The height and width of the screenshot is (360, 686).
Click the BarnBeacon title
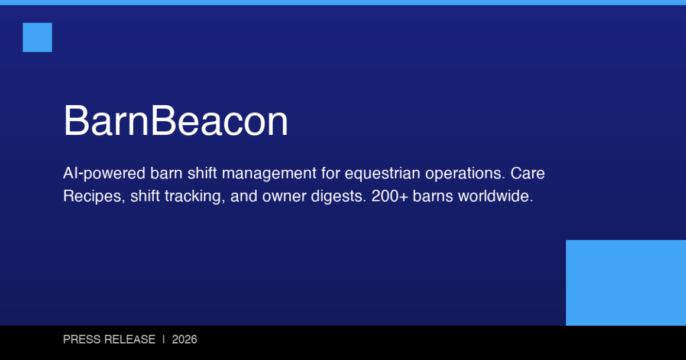pos(176,121)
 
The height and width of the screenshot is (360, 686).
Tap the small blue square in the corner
pos(37,37)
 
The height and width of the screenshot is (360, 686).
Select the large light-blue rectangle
pos(626,283)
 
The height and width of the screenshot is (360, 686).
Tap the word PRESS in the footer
pos(82,340)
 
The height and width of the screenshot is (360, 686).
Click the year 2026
pos(185,340)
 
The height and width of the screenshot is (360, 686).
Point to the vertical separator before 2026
pos(164,340)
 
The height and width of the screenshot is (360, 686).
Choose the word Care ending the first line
pos(528,174)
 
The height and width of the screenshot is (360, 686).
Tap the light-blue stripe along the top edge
pos(343,2)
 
